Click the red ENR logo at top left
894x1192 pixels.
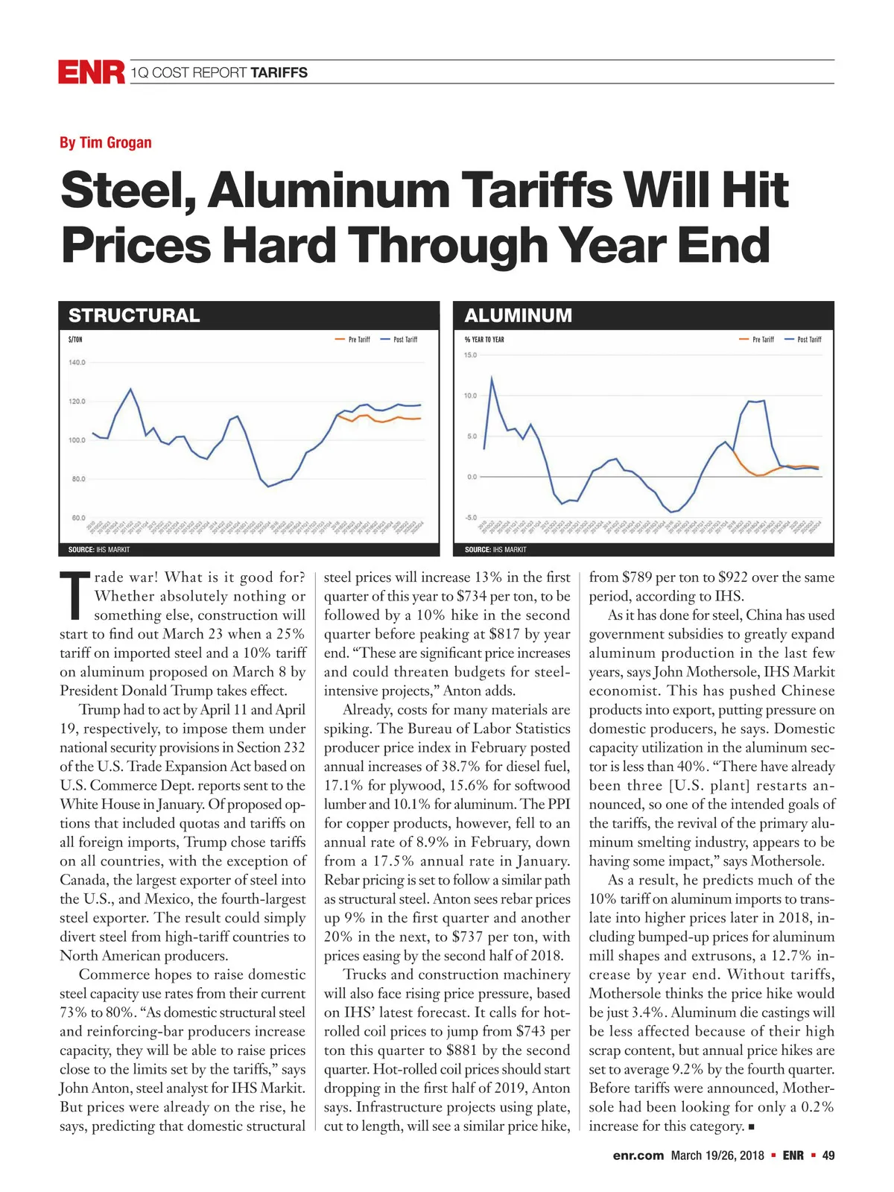91,72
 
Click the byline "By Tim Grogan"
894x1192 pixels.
106,142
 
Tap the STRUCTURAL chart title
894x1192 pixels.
134,315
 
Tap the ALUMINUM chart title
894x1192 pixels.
518,315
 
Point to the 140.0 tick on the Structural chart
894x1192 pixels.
77,363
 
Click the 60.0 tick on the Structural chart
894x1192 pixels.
78,517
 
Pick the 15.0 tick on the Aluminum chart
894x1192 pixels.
470,355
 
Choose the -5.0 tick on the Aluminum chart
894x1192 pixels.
470,517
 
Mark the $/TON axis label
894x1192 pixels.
75,340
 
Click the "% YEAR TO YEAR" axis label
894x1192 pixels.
484,340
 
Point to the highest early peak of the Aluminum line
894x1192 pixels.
491,378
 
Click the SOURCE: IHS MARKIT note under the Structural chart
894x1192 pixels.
94,550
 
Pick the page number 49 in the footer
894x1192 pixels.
828,1155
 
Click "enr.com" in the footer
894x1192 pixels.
638,1155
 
